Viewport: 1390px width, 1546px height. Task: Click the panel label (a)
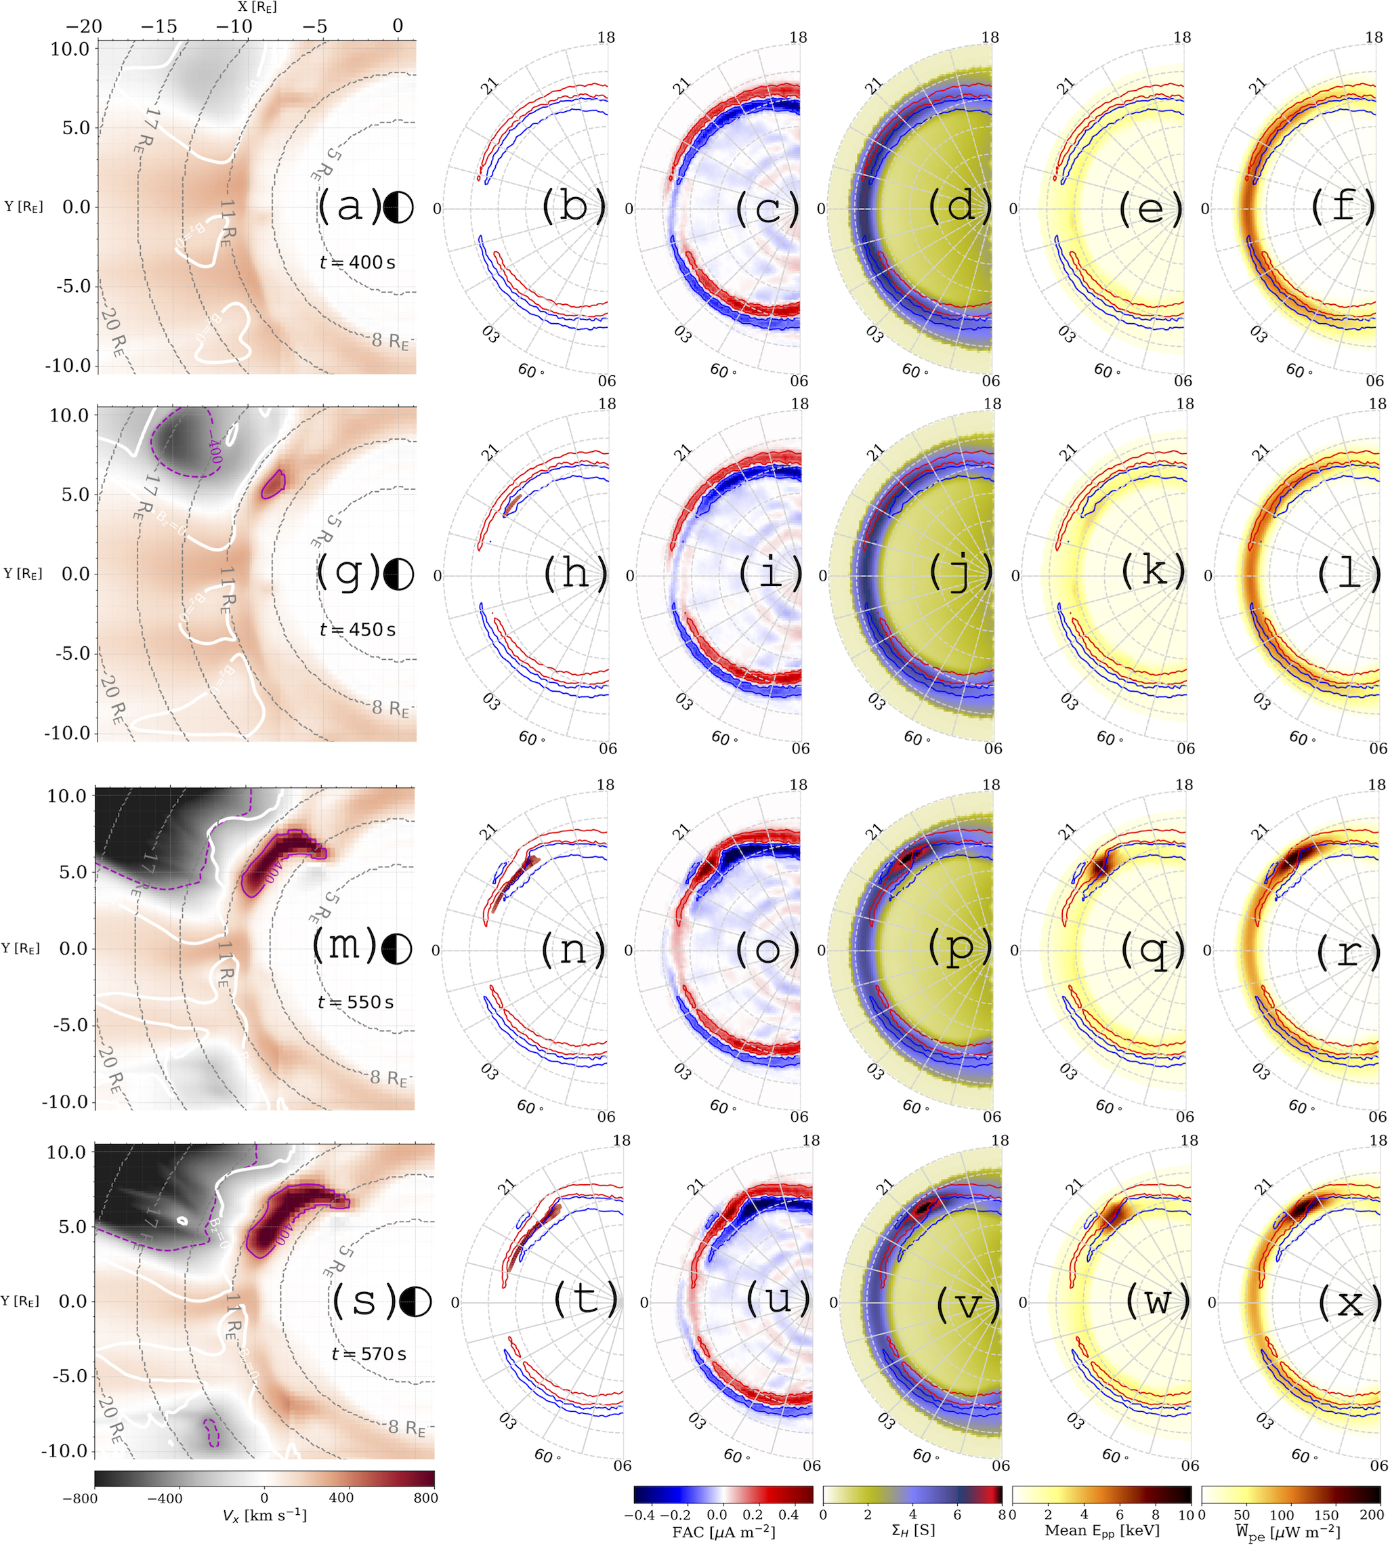pyautogui.click(x=349, y=206)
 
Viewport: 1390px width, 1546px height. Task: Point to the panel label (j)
pyautogui.click(x=960, y=573)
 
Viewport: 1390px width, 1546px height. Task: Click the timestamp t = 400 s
pyautogui.click(x=358, y=262)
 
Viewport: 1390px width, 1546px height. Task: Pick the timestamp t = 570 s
pyautogui.click(x=369, y=1354)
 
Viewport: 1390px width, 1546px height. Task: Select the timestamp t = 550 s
pyautogui.click(x=356, y=1001)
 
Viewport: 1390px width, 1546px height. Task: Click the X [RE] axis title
pyautogui.click(x=257, y=7)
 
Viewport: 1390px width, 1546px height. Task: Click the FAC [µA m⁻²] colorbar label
pyautogui.click(x=723, y=1530)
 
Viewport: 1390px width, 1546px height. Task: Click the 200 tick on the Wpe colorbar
pyautogui.click(x=1372, y=1514)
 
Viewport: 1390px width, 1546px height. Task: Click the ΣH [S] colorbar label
pyautogui.click(x=912, y=1530)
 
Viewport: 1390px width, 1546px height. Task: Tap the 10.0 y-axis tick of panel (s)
pyautogui.click(x=66, y=1152)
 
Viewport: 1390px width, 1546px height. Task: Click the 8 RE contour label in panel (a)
pyautogui.click(x=390, y=340)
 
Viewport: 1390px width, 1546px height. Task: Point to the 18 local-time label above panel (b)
pyautogui.click(x=606, y=37)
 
